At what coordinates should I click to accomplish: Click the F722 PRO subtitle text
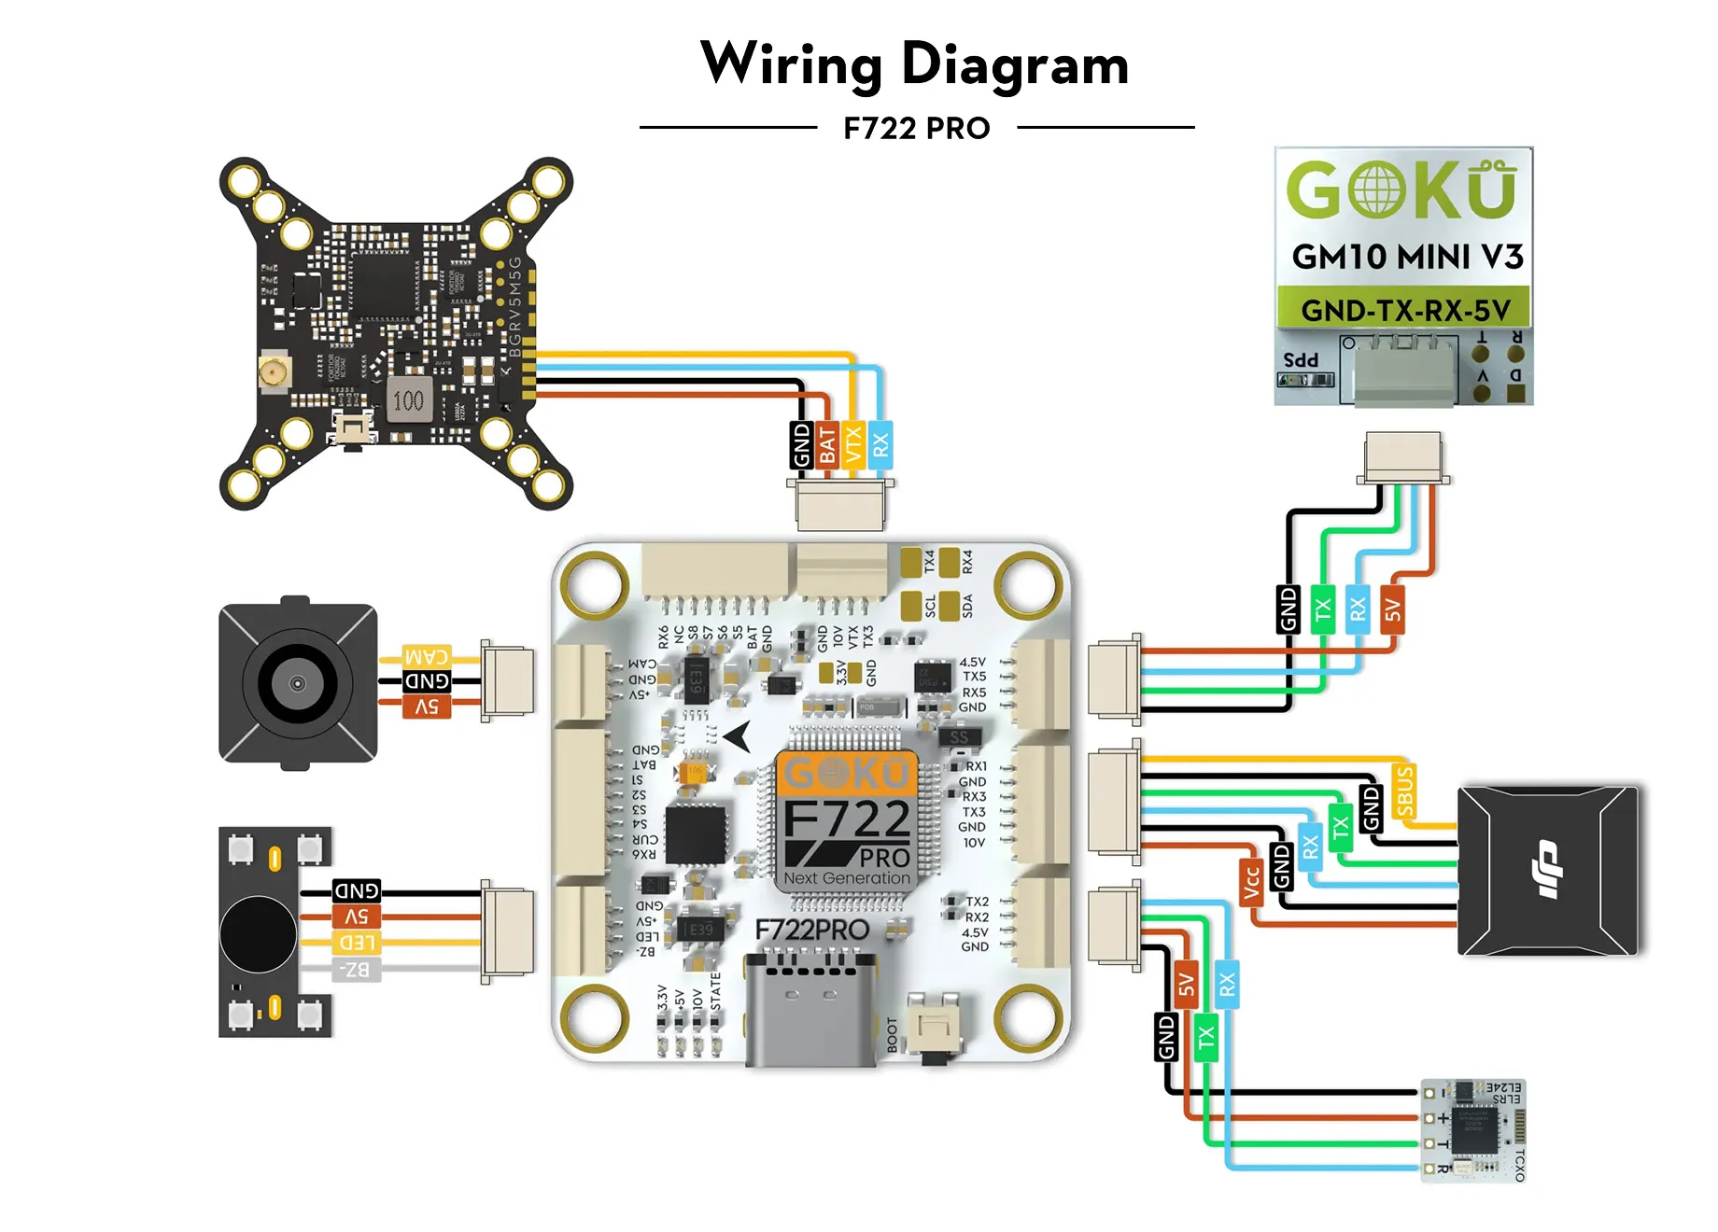tap(916, 128)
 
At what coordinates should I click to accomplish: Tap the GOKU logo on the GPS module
tap(1401, 190)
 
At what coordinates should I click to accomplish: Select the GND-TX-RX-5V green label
tap(1404, 309)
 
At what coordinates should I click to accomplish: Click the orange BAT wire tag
tap(827, 445)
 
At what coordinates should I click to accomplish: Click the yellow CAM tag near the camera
tap(427, 655)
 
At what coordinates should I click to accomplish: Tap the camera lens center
tap(297, 683)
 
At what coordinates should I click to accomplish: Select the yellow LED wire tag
tap(356, 943)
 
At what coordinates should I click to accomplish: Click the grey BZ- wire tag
tap(356, 970)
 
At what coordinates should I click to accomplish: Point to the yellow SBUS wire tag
tap(1404, 791)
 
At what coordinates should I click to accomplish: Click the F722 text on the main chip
tap(846, 820)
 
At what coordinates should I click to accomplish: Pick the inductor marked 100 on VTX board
tap(408, 400)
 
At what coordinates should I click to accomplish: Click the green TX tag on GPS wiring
tap(1322, 609)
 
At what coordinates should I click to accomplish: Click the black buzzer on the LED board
tap(259, 933)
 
